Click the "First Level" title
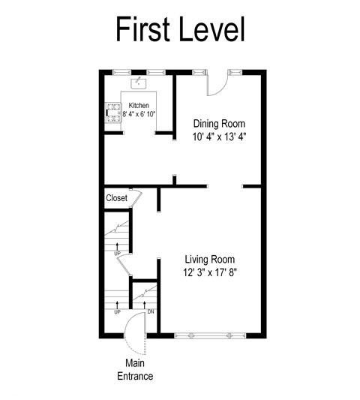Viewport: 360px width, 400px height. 180,29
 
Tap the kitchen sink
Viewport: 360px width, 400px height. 139,83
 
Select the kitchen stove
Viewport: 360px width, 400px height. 113,113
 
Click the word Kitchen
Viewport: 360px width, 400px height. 139,105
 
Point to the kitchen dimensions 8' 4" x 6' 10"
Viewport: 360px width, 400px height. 139,114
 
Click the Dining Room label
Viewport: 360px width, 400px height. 219,124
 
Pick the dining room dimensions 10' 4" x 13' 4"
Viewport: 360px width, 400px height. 219,137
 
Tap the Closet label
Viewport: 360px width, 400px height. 116,198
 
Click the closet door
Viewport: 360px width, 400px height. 136,198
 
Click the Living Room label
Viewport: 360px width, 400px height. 209,259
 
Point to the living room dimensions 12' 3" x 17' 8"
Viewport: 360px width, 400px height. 210,272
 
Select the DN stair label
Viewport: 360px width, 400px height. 151,311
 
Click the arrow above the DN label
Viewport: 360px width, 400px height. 145,305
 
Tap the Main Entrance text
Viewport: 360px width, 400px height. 135,369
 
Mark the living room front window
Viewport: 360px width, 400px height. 210,335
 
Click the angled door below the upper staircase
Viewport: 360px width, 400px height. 124,266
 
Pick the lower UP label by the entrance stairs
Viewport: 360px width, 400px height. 117,311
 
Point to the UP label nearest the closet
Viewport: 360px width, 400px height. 117,254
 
